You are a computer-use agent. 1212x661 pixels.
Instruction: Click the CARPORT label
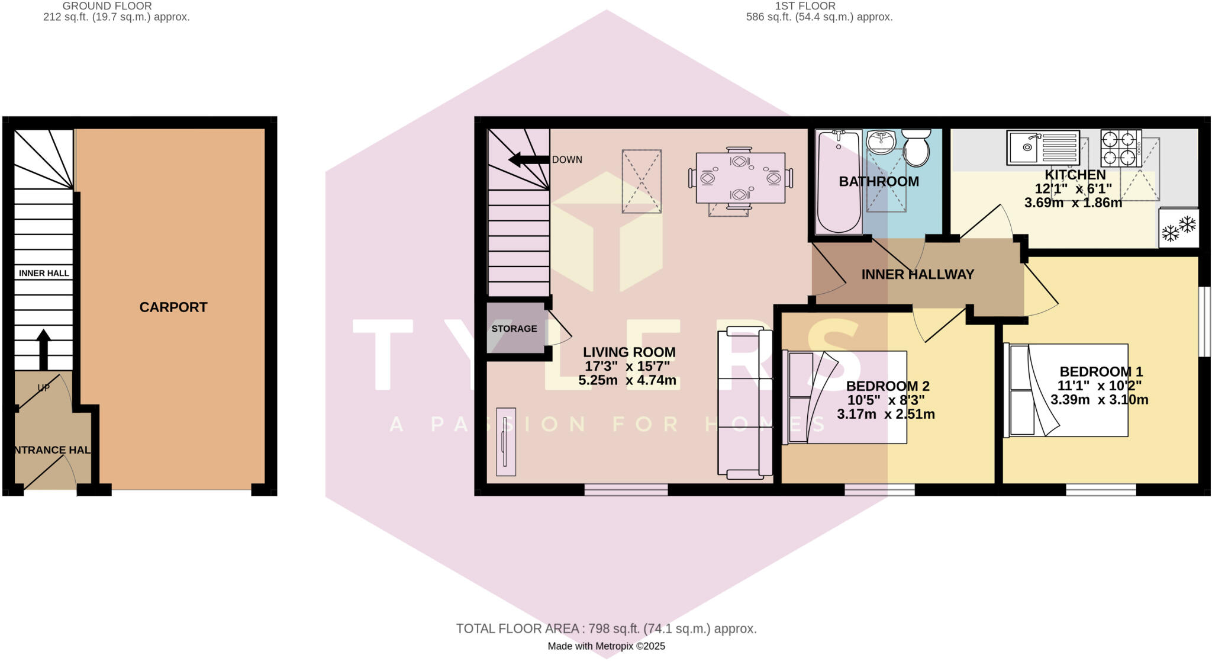coord(173,307)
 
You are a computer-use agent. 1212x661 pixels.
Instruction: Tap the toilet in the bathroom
coord(917,149)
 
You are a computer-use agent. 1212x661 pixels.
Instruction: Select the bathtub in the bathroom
coord(838,182)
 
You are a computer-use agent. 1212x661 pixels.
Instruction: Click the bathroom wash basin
coord(882,142)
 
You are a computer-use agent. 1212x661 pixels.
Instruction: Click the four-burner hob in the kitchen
coord(1121,148)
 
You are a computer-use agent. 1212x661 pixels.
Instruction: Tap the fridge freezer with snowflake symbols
coord(1178,228)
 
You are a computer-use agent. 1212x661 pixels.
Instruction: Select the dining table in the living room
coord(740,178)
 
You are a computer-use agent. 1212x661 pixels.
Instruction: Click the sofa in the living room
coord(744,402)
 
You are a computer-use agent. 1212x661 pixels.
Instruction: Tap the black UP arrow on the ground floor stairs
coord(44,348)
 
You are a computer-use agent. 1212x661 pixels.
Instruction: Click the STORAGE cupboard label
coord(514,329)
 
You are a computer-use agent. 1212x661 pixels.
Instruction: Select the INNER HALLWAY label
coord(917,275)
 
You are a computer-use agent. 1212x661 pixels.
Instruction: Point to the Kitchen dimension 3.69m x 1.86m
coord(1073,203)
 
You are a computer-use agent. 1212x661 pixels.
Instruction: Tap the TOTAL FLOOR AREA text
coord(606,628)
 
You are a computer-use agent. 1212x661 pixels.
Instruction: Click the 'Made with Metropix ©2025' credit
coord(606,646)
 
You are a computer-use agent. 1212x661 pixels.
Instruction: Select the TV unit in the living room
coord(506,442)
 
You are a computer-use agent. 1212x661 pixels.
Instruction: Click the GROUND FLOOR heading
coord(107,6)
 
